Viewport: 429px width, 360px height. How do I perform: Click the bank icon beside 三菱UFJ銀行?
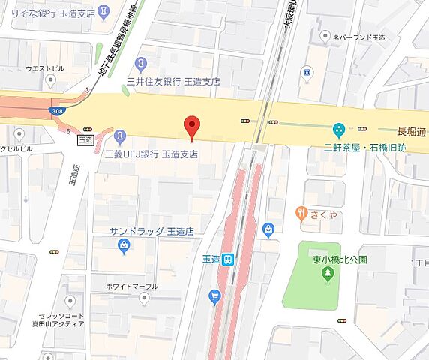pyautogui.click(x=120, y=135)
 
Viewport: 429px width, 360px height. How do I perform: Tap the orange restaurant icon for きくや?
pyautogui.click(x=301, y=213)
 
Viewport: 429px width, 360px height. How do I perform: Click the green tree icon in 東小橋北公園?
pyautogui.click(x=328, y=274)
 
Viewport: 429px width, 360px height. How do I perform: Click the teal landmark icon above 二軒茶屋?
pyautogui.click(x=339, y=130)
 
